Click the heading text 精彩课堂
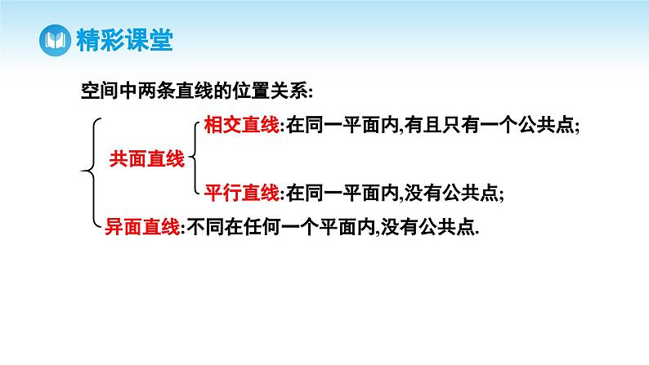pyautogui.click(x=123, y=41)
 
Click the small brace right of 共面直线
pyautogui.click(x=194, y=159)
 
